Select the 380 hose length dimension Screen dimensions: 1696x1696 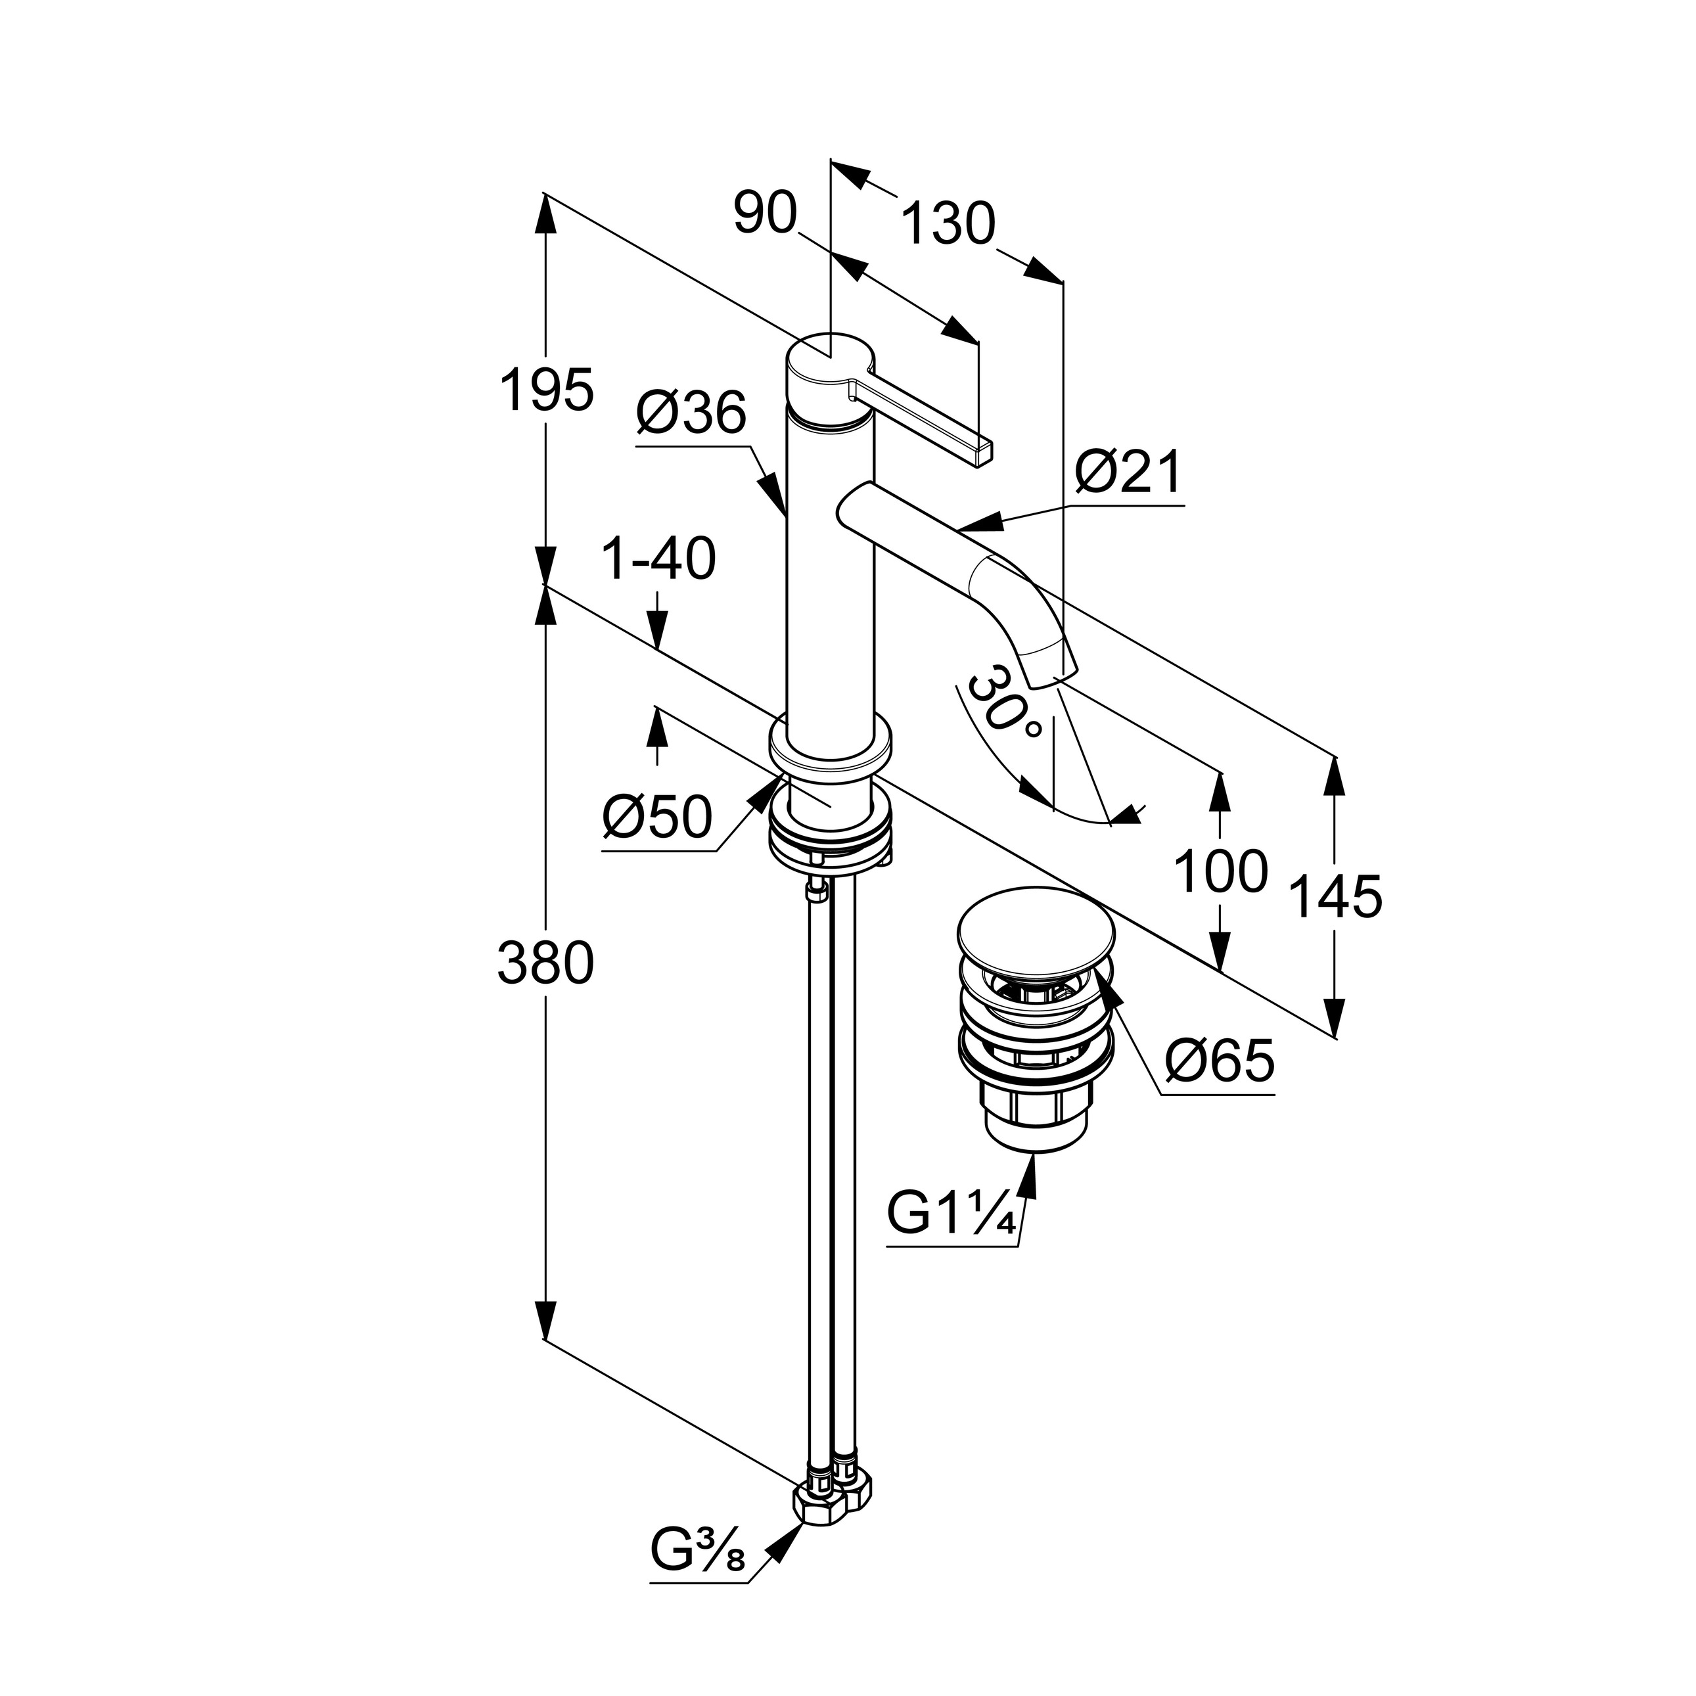545,963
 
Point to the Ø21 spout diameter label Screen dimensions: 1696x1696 1128,474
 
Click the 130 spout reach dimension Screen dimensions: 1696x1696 948,224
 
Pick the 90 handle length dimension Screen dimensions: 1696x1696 765,214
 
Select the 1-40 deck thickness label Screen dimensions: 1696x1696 658,559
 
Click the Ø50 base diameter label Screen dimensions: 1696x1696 656,817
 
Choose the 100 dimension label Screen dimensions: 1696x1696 1220,872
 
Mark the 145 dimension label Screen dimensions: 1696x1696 1335,897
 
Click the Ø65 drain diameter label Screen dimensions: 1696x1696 1220,1061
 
